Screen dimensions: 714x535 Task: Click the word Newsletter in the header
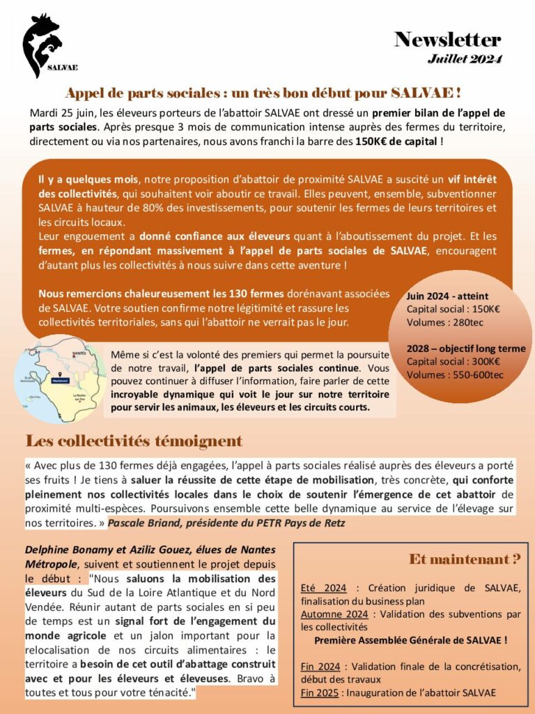point(447,39)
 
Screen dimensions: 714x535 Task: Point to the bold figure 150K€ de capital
point(396,141)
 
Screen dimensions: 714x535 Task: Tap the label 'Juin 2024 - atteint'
point(447,296)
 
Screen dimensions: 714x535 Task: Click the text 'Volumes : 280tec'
point(444,322)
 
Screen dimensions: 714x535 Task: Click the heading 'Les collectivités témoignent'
point(134,441)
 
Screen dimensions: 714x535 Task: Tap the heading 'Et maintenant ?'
point(465,559)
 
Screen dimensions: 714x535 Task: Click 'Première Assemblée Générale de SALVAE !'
point(411,639)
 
